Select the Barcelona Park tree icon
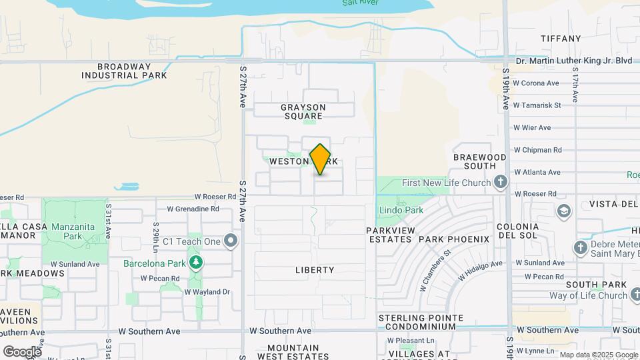point(195,263)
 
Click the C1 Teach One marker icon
point(231,240)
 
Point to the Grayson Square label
point(303,111)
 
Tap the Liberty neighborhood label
point(315,270)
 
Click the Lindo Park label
point(401,210)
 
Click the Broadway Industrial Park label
point(124,71)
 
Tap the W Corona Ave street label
point(536,83)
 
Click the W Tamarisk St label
point(537,105)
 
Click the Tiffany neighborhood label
point(561,39)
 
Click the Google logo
point(22,351)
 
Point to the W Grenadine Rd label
point(193,209)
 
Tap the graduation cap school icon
point(564,211)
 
